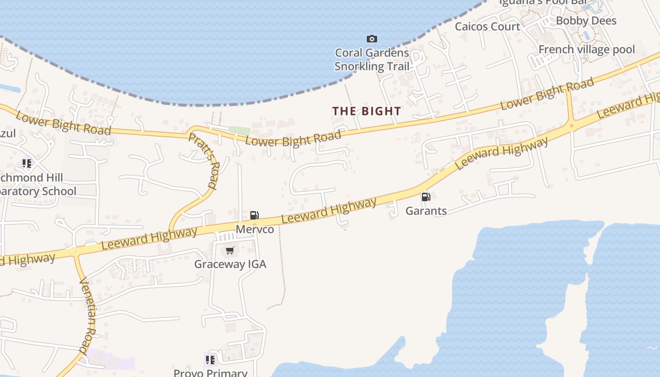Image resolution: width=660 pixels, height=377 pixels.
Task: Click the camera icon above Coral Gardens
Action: pos(372,39)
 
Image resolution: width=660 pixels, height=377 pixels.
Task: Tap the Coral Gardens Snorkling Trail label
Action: pos(372,59)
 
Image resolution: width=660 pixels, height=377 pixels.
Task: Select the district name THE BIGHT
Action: pos(367,111)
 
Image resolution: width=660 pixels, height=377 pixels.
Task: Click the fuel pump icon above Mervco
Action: pos(254,215)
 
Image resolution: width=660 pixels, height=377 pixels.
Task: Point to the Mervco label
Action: pos(255,229)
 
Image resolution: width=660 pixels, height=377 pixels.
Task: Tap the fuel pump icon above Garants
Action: pos(426,197)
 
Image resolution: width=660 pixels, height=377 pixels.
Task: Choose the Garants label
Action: pos(426,211)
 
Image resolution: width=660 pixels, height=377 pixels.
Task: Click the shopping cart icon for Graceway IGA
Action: pos(230,250)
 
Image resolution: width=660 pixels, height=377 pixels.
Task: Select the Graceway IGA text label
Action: pos(230,264)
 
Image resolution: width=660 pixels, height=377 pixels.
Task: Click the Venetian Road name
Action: pos(88,316)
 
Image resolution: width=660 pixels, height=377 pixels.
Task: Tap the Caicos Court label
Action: pos(487,26)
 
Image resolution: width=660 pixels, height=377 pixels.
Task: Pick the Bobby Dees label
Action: pos(586,21)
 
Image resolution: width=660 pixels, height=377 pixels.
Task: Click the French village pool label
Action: pos(586,49)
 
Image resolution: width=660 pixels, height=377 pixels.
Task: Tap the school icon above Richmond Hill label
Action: pos(27,164)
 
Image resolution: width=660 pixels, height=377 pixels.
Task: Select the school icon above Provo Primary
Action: pos(210,360)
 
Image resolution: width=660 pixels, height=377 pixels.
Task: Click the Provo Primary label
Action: pos(210,372)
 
